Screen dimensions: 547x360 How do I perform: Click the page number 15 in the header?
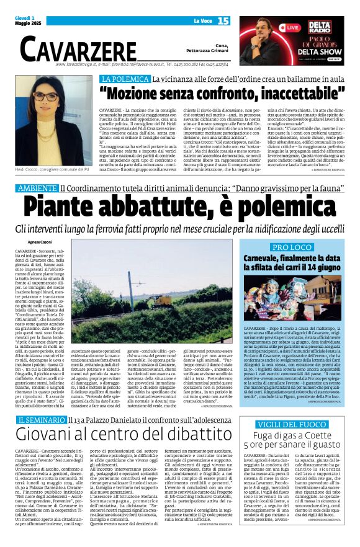(223, 21)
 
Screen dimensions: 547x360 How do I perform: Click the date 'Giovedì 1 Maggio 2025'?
(27, 21)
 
